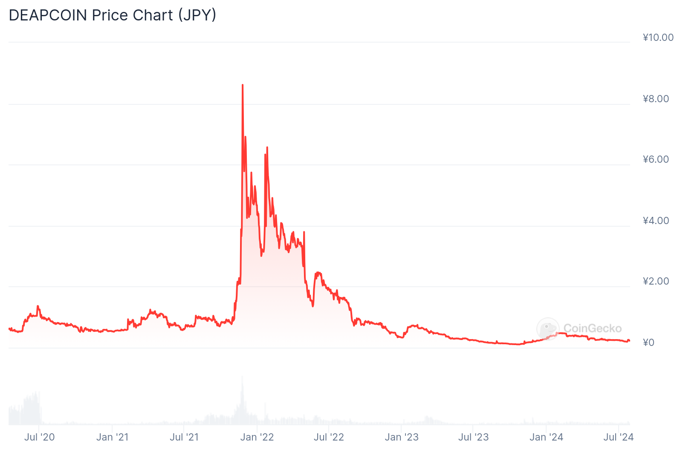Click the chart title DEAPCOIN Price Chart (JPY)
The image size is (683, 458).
coord(113,15)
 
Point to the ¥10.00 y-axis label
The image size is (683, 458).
coord(658,37)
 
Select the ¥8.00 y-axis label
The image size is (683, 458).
coord(656,99)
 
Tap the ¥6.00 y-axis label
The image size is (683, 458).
coord(656,159)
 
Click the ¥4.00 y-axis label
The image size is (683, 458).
coord(656,221)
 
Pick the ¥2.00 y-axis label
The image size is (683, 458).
coord(656,281)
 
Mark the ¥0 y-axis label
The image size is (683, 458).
coord(648,343)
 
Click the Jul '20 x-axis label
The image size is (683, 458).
coord(39,437)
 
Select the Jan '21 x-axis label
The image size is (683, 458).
coord(112,437)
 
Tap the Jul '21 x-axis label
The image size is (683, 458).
coord(184,437)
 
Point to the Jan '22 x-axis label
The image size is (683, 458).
coord(257,437)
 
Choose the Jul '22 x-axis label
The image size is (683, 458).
coord(329,437)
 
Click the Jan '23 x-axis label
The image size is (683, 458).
coord(402,437)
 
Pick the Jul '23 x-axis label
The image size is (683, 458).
coord(473,437)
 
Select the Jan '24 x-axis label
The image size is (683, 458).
coord(546,437)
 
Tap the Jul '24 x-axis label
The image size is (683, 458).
coord(618,437)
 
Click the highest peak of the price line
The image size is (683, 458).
coord(243,85)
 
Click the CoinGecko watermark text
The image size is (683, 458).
coord(592,328)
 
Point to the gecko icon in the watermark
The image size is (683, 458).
coord(548,329)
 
